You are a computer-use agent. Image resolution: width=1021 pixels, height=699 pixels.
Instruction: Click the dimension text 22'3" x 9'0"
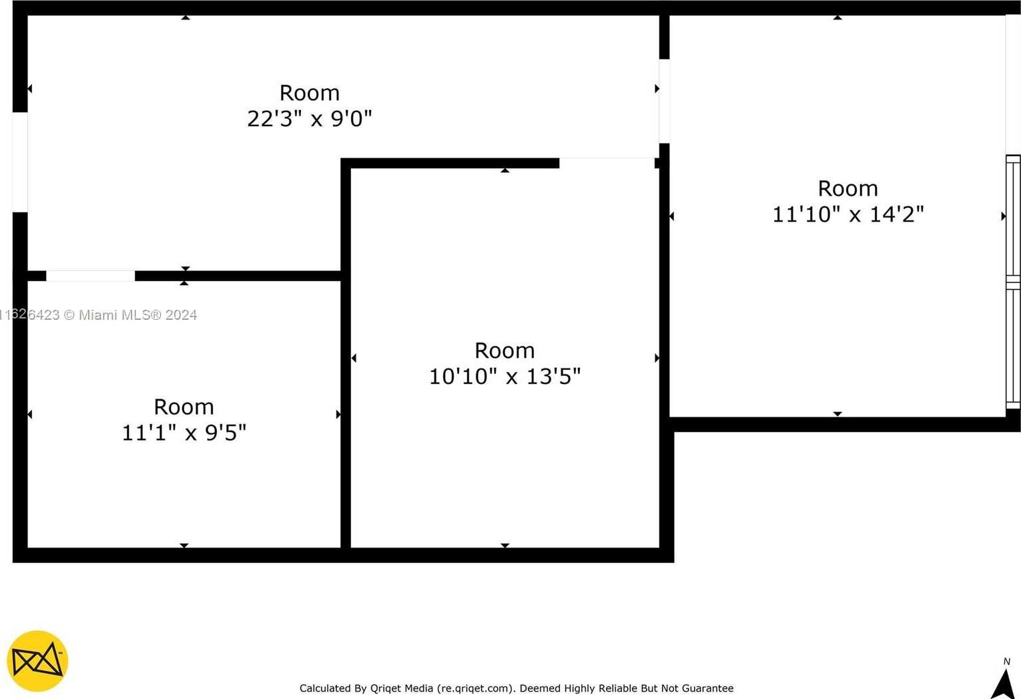[x=310, y=119]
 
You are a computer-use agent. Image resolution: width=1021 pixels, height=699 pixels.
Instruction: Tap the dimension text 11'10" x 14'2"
[x=847, y=214]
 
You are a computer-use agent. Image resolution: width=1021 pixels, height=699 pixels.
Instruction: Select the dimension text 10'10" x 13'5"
[x=504, y=377]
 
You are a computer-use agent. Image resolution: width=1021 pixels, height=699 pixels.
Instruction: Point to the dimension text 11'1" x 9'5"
[x=184, y=433]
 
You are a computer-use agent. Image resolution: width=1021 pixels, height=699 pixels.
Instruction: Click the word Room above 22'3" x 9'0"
[x=310, y=93]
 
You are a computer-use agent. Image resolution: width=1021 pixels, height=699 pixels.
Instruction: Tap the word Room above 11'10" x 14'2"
[x=847, y=189]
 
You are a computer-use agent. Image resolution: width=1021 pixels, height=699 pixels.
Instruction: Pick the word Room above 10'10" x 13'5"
[x=504, y=351]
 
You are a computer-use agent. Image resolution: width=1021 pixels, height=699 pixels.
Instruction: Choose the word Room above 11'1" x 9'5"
[x=184, y=407]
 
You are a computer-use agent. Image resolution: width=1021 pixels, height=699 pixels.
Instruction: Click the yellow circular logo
[x=37, y=661]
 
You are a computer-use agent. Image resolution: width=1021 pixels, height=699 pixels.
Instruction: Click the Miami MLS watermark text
[x=99, y=315]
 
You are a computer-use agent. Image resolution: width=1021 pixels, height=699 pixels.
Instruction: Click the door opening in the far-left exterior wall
[x=20, y=162]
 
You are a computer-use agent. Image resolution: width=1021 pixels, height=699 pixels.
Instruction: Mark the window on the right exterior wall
[x=1013, y=282]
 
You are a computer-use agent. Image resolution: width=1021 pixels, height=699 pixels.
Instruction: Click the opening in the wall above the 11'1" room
[x=90, y=276]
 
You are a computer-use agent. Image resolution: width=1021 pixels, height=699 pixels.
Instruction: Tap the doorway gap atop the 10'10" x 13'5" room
[x=607, y=164]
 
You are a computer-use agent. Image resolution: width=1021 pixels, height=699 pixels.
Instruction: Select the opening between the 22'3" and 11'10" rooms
[x=664, y=101]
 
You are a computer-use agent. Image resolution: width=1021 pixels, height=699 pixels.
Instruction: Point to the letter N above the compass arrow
[x=1007, y=662]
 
